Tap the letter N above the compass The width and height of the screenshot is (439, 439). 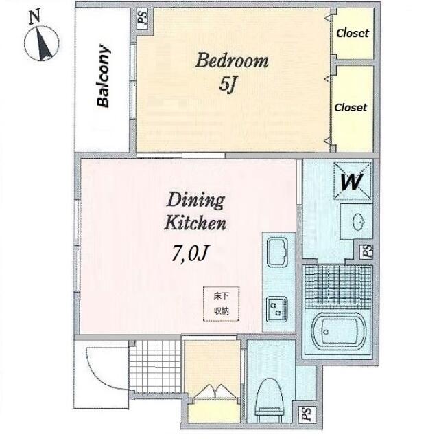(35, 16)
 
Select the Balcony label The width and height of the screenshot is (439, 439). (103, 76)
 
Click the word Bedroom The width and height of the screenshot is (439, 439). (232, 60)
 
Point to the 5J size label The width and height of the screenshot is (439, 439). (228, 85)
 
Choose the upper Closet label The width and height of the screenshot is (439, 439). (353, 33)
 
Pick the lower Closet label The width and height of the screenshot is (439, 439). (351, 107)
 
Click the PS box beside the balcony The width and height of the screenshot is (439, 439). (143, 19)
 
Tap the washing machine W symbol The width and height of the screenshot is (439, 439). (353, 181)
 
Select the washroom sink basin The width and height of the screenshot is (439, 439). (358, 222)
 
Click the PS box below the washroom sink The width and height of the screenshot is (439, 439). (367, 251)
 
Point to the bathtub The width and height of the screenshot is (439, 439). (339, 333)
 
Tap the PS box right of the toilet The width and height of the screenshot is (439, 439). (307, 414)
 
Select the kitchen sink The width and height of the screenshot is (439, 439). (277, 251)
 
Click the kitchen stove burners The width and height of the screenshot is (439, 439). (277, 309)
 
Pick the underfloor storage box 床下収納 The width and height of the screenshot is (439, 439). (221, 304)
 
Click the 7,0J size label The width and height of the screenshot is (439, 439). (190, 253)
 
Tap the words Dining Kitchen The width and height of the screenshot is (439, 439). (195, 212)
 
